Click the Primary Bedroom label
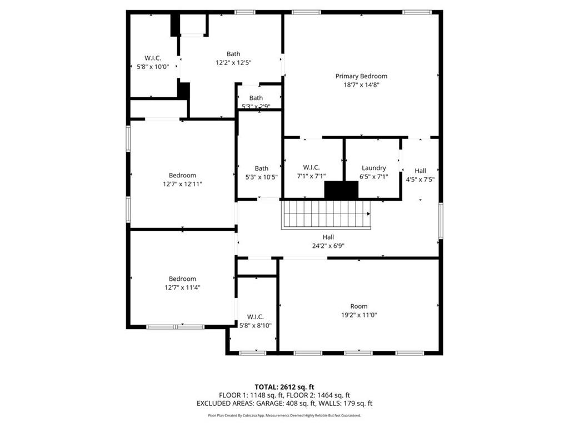click(361, 76)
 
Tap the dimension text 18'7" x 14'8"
click(361, 85)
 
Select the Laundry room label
click(373, 168)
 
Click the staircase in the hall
click(326, 215)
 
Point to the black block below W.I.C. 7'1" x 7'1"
click(341, 190)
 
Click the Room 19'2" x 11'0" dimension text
click(358, 315)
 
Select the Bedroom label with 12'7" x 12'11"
click(182, 176)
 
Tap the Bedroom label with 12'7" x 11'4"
click(182, 279)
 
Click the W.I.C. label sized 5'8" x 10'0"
click(153, 58)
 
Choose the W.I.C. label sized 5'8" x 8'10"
click(256, 317)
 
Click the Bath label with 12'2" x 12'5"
click(233, 54)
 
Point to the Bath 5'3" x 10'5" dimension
click(261, 177)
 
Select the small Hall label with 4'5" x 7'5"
click(420, 171)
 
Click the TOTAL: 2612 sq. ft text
click(284, 387)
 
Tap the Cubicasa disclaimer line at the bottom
click(284, 415)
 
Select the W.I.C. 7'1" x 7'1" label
click(310, 168)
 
